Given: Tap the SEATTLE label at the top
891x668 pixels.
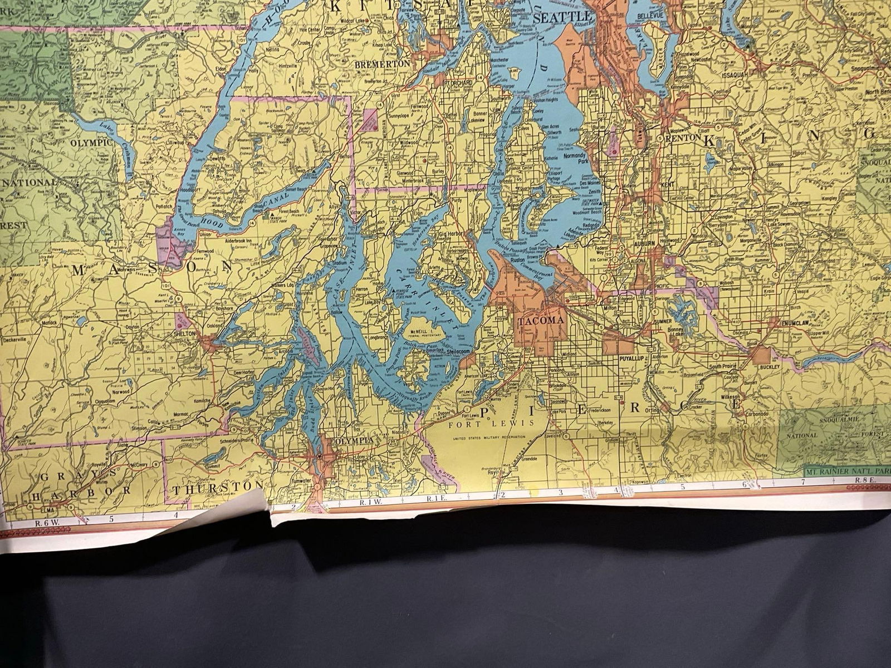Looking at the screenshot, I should tap(557, 18).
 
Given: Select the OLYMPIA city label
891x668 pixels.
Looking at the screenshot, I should tap(353, 440).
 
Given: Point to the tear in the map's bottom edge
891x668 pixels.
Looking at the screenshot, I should tap(271, 520).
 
